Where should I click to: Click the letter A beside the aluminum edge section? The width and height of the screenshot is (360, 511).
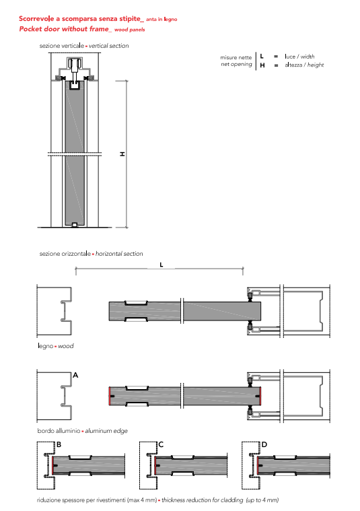click(x=75, y=375)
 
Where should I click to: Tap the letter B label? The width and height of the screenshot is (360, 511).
click(x=59, y=444)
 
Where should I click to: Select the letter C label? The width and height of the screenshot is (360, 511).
click(x=161, y=444)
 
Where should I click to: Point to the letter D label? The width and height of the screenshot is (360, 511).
click(x=264, y=444)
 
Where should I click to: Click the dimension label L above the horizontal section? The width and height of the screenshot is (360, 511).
click(x=161, y=265)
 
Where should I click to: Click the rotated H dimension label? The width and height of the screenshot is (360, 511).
click(x=122, y=154)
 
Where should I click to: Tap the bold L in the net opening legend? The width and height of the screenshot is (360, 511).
click(x=262, y=57)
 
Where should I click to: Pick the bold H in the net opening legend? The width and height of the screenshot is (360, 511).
click(x=262, y=65)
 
